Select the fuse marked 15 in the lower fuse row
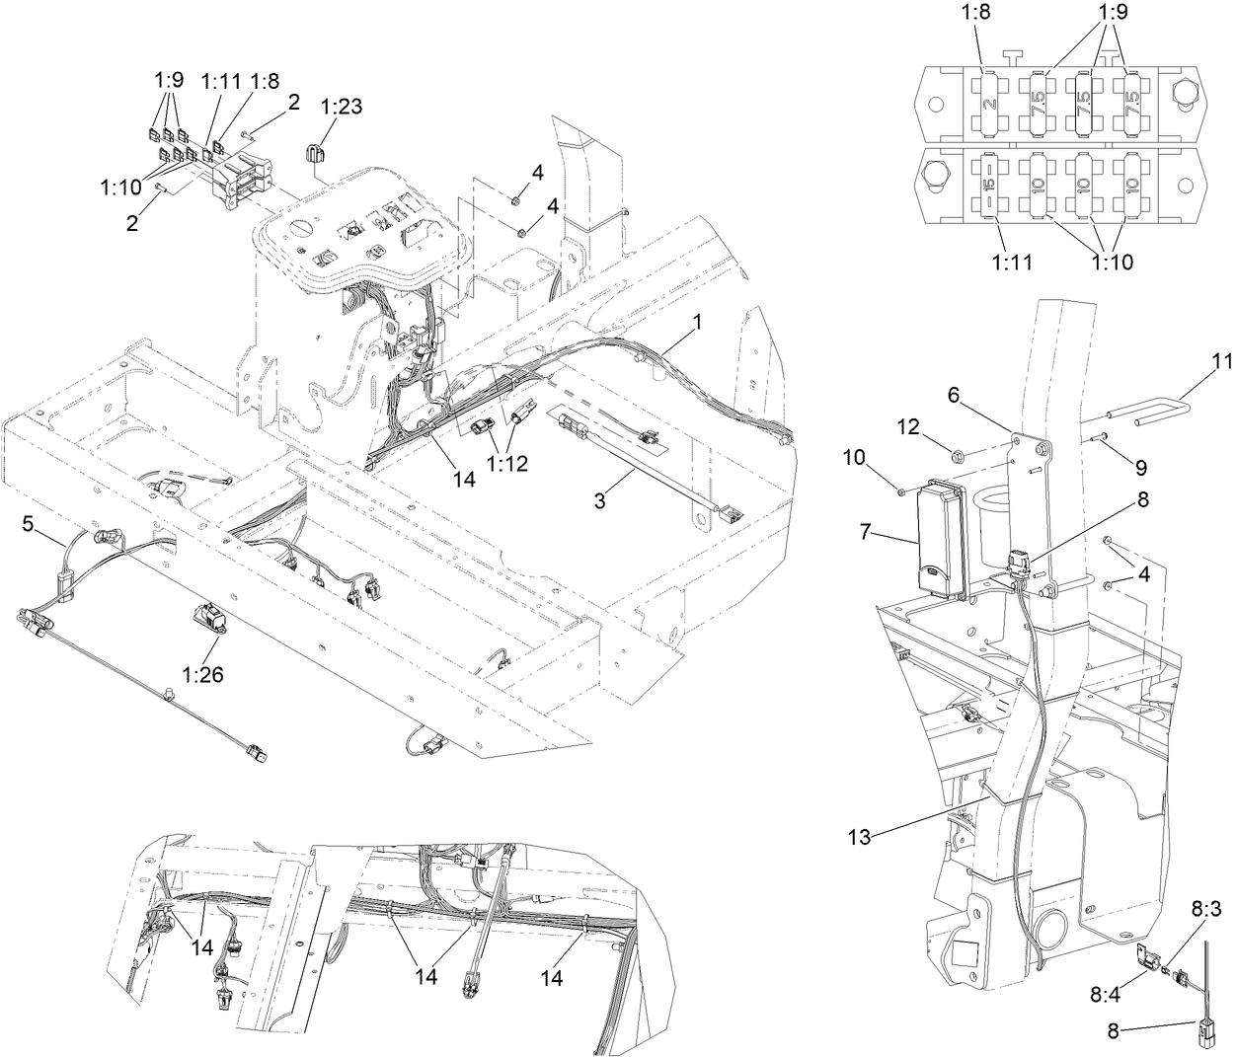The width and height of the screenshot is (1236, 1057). coord(989,185)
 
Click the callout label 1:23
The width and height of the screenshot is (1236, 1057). coord(343,109)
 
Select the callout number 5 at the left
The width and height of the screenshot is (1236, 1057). coord(29,523)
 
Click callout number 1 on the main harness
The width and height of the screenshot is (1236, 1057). coord(697,323)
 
